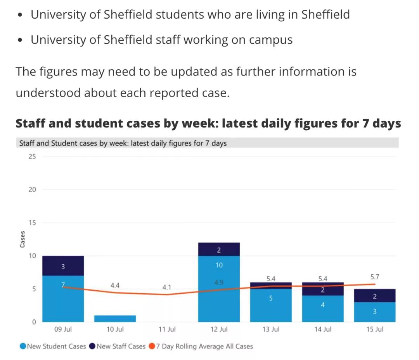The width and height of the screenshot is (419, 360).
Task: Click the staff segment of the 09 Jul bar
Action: click(63, 266)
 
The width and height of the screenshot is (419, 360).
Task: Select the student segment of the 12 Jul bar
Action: click(219, 295)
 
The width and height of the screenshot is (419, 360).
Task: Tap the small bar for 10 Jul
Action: click(115, 319)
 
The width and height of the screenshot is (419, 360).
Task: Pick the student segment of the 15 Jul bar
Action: click(375, 312)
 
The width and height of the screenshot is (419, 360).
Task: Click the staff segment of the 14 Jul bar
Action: click(323, 289)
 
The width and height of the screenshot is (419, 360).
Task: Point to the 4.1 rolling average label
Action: click(167, 288)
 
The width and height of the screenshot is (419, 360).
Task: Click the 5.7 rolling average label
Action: click(375, 277)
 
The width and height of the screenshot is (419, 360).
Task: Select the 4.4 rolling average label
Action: click(115, 286)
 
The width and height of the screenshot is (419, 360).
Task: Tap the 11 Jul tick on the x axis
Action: click(167, 330)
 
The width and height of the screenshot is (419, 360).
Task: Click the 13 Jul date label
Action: click(271, 330)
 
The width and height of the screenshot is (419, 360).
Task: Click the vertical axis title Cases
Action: click(23, 239)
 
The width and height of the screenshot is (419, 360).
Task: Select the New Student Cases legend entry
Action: click(53, 346)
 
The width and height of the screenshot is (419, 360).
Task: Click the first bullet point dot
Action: click(20, 15)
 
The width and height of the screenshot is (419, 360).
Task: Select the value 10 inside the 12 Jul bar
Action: click(219, 265)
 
